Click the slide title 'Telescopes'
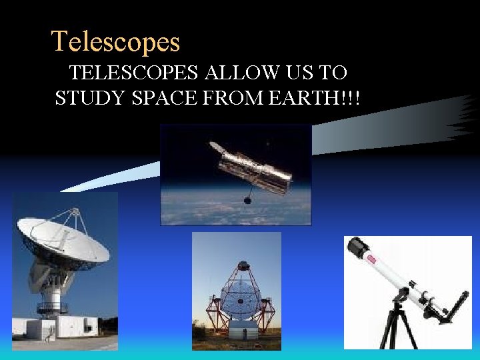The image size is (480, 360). (116, 41)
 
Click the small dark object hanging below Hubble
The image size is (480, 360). (247, 199)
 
